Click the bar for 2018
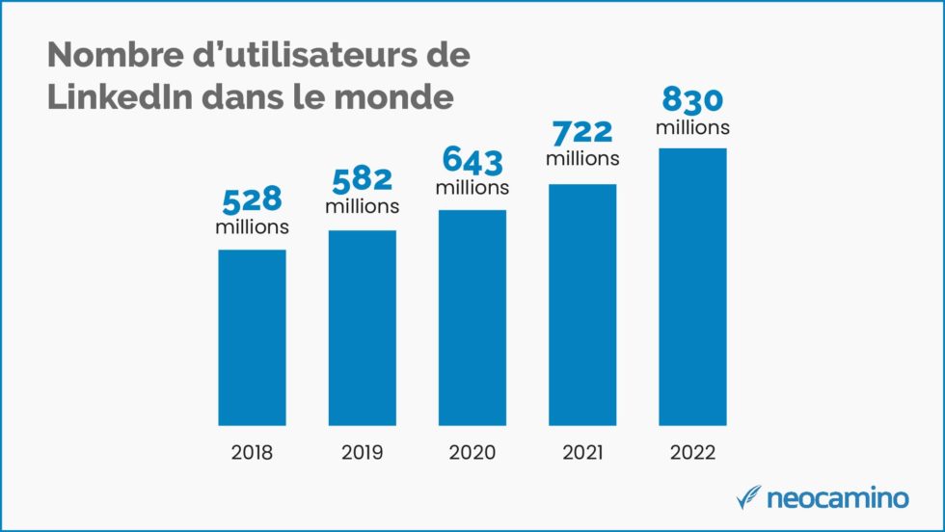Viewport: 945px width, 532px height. [252, 337]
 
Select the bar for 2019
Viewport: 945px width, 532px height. [362, 328]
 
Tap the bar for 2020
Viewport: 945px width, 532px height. [472, 317]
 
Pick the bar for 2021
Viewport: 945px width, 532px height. [582, 305]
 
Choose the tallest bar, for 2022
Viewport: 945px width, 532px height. [692, 286]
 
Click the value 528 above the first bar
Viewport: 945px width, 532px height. [252, 199]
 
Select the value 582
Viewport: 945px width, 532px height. [362, 179]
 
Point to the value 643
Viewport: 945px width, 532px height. [472, 159]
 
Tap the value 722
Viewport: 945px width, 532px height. [582, 130]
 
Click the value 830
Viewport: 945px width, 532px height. [692, 99]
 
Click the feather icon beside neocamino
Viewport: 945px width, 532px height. [748, 497]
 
